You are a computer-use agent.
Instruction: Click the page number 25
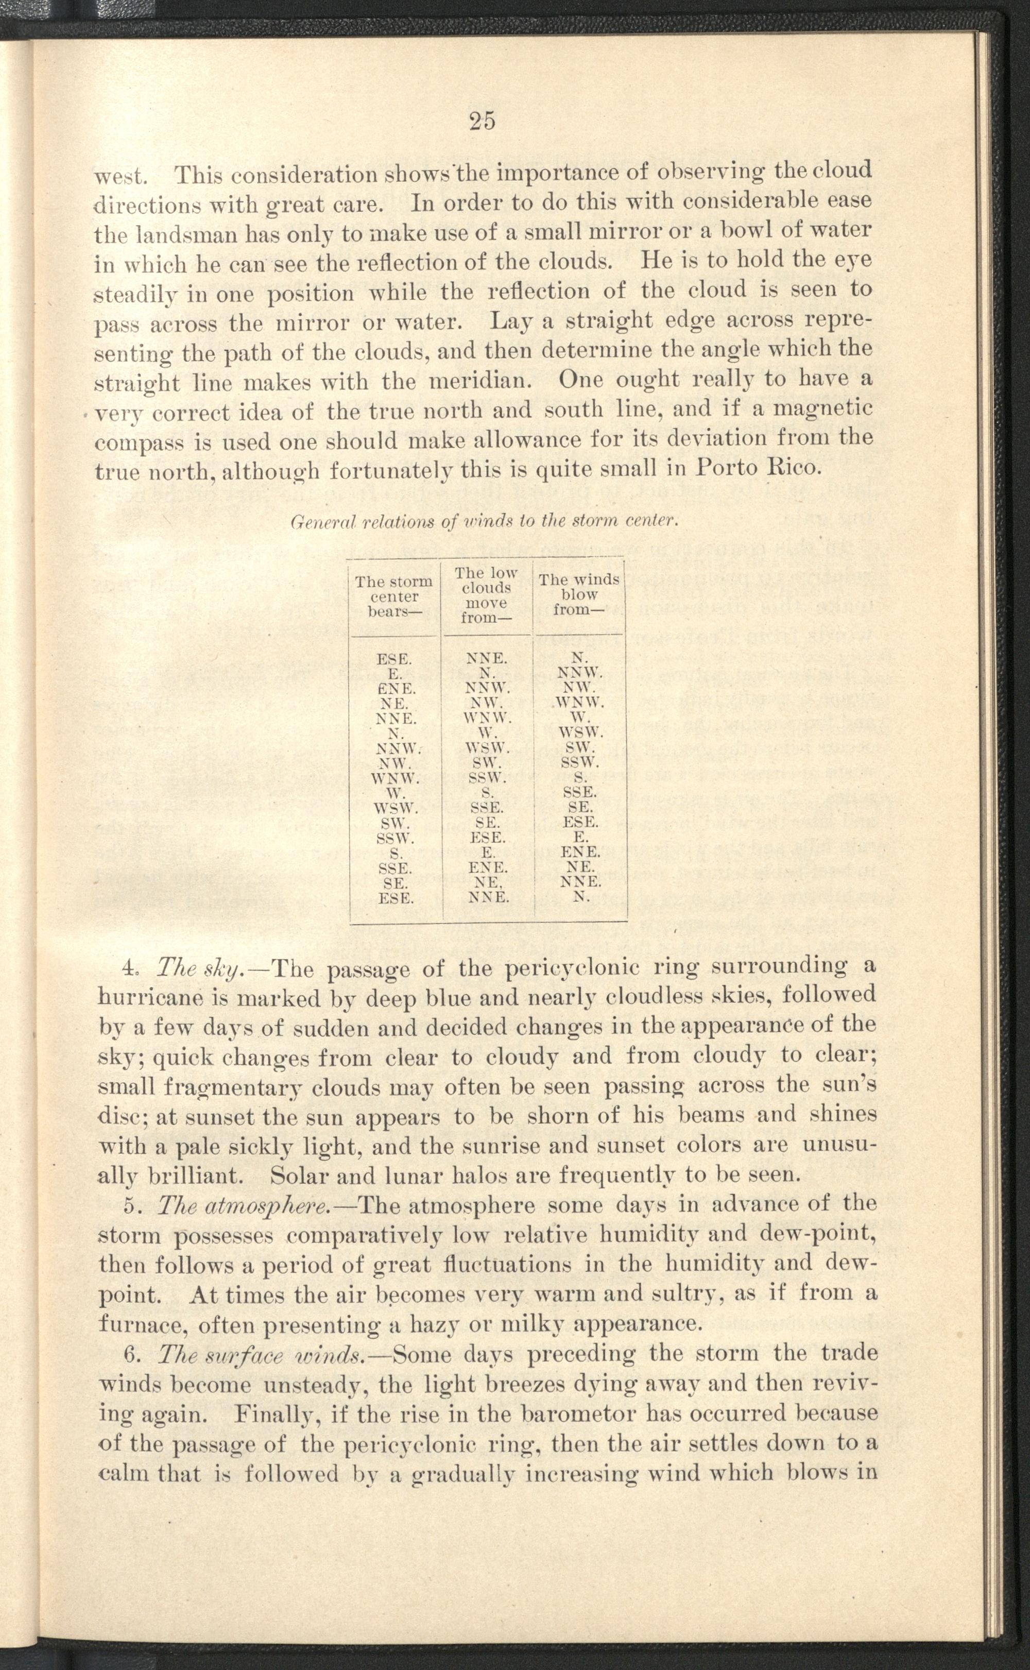(x=483, y=121)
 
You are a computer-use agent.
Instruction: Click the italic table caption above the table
(x=483, y=522)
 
